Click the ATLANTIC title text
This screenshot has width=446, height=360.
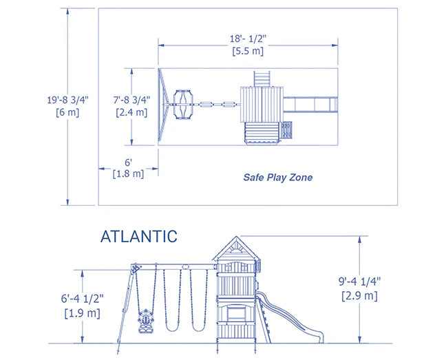pyautogui.click(x=138, y=237)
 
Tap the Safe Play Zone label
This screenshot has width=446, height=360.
pyautogui.click(x=277, y=178)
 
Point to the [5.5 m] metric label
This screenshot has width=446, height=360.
pyautogui.click(x=248, y=50)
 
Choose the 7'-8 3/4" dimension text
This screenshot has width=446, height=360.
pyautogui.click(x=131, y=100)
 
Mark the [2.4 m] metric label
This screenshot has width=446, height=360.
pyautogui.click(x=131, y=112)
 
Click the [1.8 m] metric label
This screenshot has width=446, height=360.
pyautogui.click(x=128, y=173)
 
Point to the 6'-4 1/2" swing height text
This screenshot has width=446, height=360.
pyautogui.click(x=81, y=300)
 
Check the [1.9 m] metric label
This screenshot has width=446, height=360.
pyautogui.click(x=81, y=313)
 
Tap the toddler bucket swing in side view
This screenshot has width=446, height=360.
pyautogui.click(x=145, y=321)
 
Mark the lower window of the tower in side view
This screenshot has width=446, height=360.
pyautogui.click(x=235, y=313)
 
